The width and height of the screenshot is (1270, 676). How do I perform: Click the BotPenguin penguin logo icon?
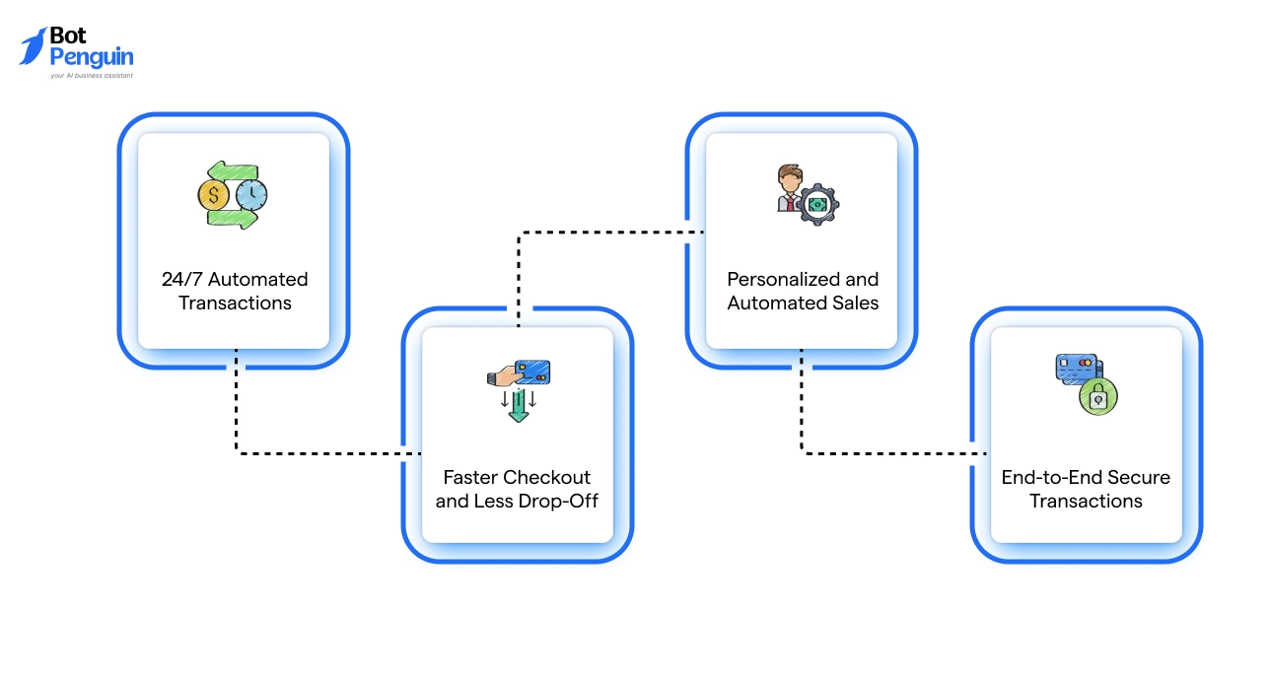34,46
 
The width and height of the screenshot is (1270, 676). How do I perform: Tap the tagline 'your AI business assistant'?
92,75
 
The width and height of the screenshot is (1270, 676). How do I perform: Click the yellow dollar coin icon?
214,193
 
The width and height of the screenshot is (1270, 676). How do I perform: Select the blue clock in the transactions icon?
251,193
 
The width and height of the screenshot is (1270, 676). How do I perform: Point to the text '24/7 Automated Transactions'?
235,291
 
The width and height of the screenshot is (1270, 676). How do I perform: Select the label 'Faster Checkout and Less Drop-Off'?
517,489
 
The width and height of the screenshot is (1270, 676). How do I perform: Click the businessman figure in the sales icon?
789,189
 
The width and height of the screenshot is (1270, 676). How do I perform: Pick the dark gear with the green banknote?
817,204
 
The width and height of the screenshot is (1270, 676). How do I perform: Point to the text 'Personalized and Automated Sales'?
803,291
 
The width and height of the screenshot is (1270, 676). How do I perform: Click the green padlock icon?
1096,397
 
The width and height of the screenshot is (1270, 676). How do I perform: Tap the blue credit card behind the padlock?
1074,369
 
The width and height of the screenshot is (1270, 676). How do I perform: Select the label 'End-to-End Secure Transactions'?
1086,489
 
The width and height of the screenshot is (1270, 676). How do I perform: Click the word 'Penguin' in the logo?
92,57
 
